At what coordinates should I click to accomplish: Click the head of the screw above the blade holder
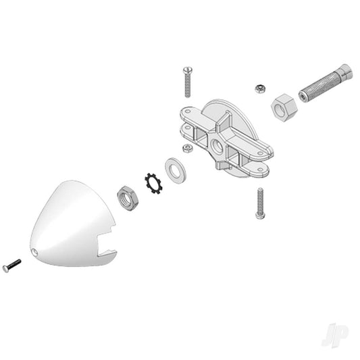187,70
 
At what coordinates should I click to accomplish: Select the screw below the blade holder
260,203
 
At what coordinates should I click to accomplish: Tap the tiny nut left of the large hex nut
258,88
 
